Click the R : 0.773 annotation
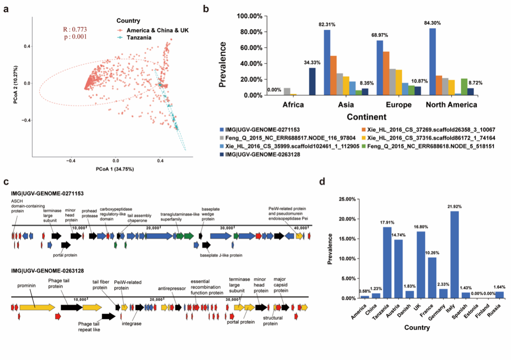point(75,29)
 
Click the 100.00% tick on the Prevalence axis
point(250,16)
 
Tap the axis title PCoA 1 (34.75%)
point(115,169)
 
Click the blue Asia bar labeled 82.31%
point(327,62)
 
